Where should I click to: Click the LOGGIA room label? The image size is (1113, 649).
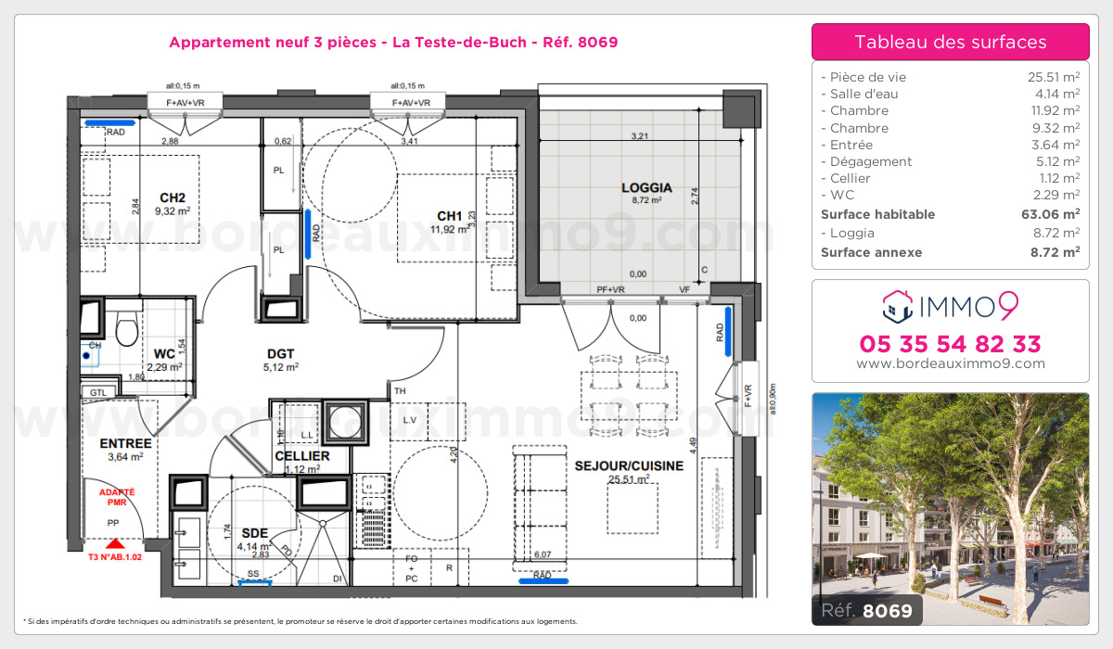(646, 187)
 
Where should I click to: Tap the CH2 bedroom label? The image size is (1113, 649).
(173, 197)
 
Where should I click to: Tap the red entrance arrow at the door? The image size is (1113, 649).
(114, 545)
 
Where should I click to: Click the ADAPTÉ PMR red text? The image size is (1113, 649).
(117, 497)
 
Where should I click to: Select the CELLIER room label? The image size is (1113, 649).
(301, 456)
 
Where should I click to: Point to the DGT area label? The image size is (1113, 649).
(280, 353)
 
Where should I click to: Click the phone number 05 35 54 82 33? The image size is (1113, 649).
(950, 344)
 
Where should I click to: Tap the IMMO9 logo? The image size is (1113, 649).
(950, 304)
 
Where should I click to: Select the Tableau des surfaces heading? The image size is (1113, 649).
(950, 42)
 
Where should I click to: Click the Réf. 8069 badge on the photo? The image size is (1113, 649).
(866, 610)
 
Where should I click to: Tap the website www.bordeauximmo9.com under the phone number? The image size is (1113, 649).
(950, 364)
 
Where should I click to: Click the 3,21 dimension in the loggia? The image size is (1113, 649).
(640, 135)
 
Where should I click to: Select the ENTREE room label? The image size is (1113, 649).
(125, 443)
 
